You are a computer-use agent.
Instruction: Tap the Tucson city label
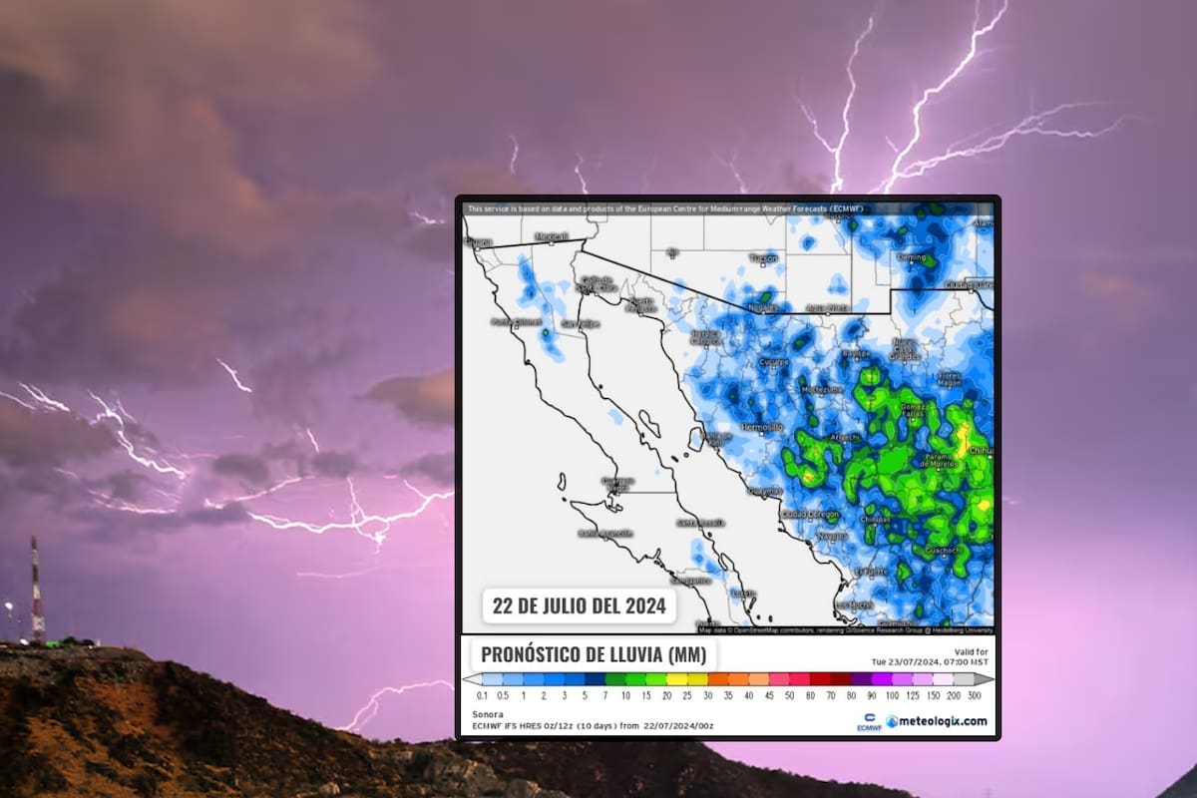click(763, 257)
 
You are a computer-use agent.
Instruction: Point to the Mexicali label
click(551, 236)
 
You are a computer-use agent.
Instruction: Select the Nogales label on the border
click(763, 308)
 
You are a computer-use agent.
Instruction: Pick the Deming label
click(911, 256)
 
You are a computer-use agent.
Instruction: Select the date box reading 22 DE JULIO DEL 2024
click(579, 604)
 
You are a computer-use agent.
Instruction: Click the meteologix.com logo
click(937, 721)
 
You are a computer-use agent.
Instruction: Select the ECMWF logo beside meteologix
click(868, 721)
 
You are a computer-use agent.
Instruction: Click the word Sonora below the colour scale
click(487, 713)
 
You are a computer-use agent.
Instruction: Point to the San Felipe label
click(580, 323)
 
